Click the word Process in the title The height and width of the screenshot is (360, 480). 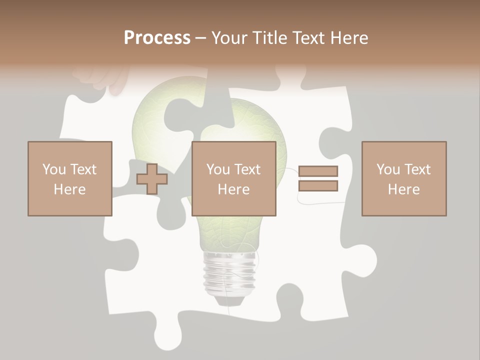point(157,38)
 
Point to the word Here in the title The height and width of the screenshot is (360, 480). point(349,38)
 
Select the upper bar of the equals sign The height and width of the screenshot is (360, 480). point(318,171)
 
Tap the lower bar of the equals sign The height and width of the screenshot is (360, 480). point(318,186)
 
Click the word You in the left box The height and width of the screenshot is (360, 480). point(53,169)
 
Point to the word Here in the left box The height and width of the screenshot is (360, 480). point(69,189)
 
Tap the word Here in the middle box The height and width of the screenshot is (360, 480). point(233,189)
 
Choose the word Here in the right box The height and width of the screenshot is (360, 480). point(403,189)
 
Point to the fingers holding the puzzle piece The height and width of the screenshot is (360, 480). point(102,77)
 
